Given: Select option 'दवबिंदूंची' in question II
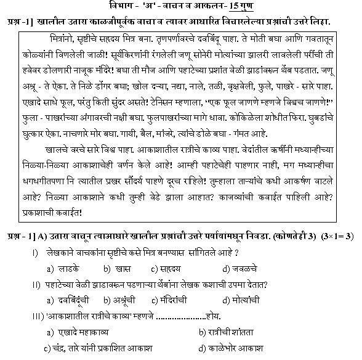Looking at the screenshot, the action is pos(74,300).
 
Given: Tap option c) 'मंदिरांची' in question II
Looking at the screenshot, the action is pos(177,300).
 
